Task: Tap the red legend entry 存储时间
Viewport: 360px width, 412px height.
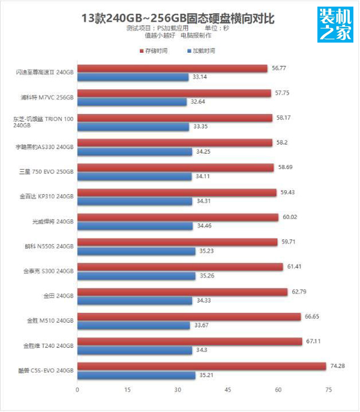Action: point(154,51)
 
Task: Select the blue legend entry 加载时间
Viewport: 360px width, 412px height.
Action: point(202,51)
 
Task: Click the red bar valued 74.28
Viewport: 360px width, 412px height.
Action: point(202,366)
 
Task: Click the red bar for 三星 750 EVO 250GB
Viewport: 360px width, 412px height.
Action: point(176,167)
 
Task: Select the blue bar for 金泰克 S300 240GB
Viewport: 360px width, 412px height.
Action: point(137,275)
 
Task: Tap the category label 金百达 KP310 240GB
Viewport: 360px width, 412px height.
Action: point(47,196)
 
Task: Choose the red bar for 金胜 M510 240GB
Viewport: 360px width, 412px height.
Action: point(189,317)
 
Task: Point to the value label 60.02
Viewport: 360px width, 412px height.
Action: point(290,217)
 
